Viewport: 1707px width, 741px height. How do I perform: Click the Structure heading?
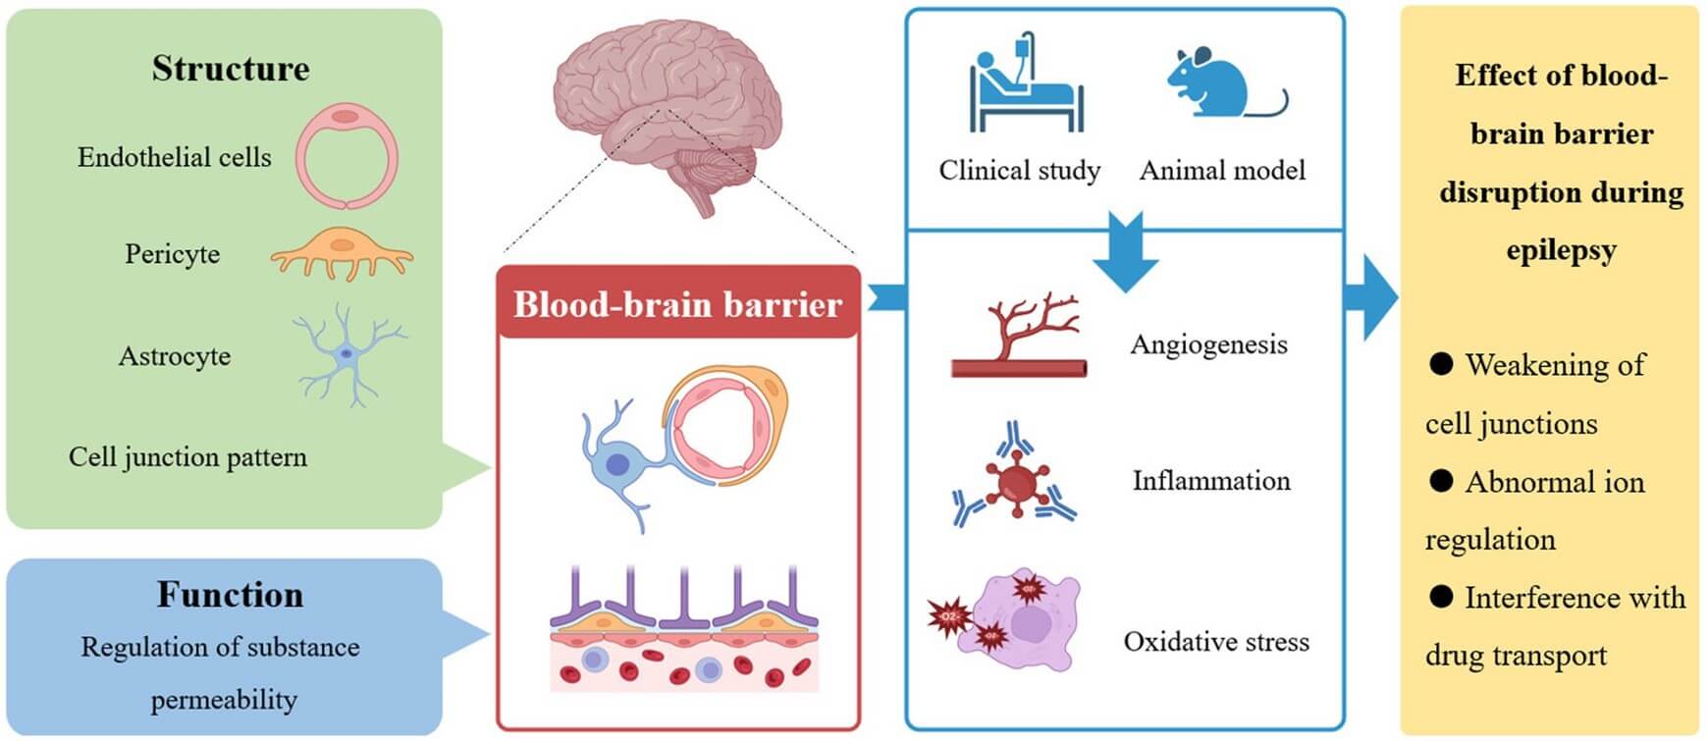point(231,69)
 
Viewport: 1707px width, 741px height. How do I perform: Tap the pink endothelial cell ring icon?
point(347,157)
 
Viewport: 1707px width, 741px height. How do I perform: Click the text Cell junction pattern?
point(187,457)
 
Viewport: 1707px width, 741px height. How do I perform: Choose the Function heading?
point(231,595)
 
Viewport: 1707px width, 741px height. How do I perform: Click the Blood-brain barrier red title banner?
point(677,304)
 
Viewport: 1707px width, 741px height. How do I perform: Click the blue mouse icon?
point(1217,84)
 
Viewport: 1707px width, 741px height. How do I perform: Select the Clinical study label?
point(1019,171)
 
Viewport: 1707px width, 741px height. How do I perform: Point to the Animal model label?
point(1222,171)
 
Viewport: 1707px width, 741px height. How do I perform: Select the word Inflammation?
point(1210,481)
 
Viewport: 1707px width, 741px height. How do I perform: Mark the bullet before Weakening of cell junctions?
point(1440,365)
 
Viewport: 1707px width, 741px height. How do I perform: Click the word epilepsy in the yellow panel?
point(1560,249)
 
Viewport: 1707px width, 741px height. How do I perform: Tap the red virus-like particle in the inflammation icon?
point(1015,482)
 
